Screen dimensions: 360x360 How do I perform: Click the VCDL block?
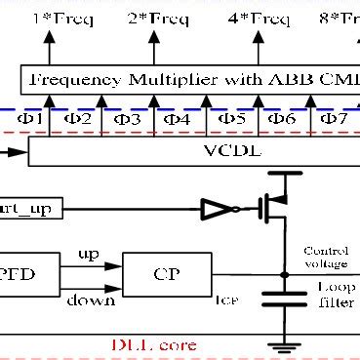tap(195, 151)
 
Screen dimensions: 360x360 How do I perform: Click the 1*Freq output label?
tap(53, 17)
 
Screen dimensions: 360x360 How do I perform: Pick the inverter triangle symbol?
tap(212, 208)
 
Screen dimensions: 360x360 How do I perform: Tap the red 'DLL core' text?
tap(156, 345)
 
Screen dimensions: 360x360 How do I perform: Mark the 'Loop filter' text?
tap(335, 295)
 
